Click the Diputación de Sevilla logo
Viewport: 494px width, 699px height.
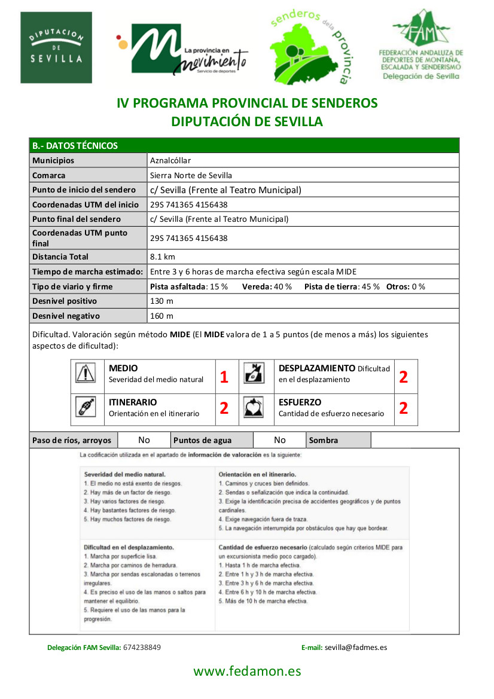coord(56,48)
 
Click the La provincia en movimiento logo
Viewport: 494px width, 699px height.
coord(182,50)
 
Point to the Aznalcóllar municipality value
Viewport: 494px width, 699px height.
coord(170,160)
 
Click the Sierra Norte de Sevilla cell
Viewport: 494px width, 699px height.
coord(191,175)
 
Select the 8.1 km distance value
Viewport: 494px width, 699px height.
coord(163,257)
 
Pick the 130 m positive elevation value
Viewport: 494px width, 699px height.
coord(161,301)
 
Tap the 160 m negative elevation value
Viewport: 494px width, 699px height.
coord(161,316)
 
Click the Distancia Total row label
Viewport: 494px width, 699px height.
coord(60,257)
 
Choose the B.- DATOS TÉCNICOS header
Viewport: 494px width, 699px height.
coord(75,145)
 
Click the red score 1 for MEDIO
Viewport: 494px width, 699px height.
coord(224,377)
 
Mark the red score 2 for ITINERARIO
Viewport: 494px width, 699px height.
coord(224,408)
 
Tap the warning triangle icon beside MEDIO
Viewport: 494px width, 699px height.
coord(86,373)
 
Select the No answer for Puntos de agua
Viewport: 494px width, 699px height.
coord(279,440)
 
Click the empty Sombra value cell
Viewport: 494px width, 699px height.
coord(414,441)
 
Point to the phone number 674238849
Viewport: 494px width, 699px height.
coord(142,647)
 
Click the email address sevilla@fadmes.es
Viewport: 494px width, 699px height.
coord(356,647)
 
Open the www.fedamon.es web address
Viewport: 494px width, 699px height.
coord(247,671)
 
